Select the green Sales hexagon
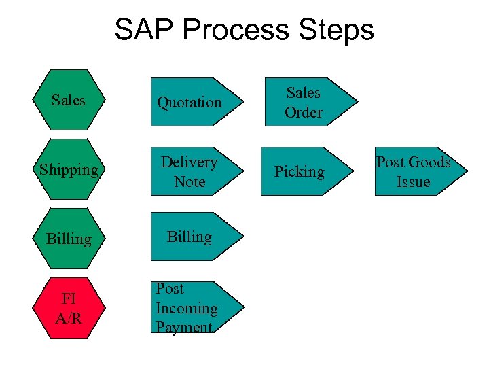69,99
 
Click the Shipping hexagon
69,169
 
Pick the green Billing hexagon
69,239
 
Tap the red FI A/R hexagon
69,308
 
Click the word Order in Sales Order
304,112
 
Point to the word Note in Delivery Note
189,181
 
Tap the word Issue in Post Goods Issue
414,181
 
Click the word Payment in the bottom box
184,327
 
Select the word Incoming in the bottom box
187,308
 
